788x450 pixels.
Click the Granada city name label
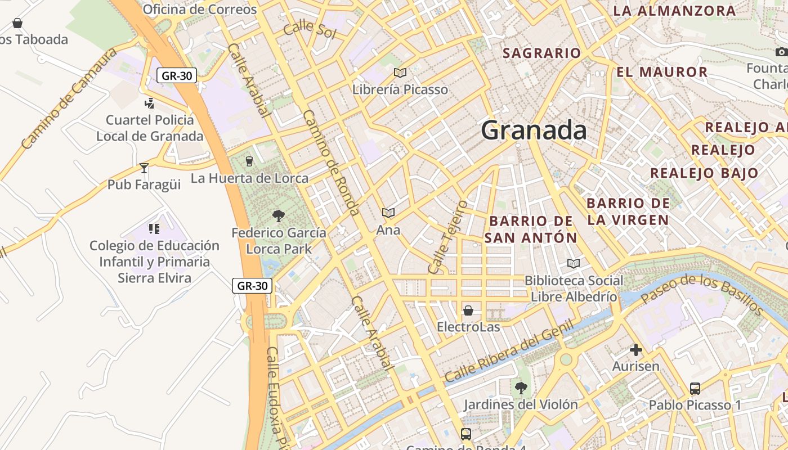(534, 130)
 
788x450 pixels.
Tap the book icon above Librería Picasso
(400, 73)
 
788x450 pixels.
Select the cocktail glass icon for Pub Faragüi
(144, 168)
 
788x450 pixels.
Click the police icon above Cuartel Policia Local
(149, 103)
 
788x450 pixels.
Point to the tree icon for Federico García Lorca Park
(278, 215)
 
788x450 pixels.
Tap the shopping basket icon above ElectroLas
(468, 310)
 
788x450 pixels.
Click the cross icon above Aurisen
(635, 350)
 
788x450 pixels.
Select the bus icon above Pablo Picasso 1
(695, 388)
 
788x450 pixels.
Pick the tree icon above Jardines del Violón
(521, 388)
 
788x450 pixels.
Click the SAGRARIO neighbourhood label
(541, 53)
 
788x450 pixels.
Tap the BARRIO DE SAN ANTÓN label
(531, 229)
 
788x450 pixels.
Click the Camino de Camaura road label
(69, 98)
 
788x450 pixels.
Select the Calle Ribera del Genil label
(508, 352)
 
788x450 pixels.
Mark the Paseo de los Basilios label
(701, 294)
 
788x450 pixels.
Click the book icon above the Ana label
(388, 213)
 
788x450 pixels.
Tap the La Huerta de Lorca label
(249, 178)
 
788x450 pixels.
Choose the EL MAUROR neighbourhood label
(662, 72)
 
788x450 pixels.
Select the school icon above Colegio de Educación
(154, 228)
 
